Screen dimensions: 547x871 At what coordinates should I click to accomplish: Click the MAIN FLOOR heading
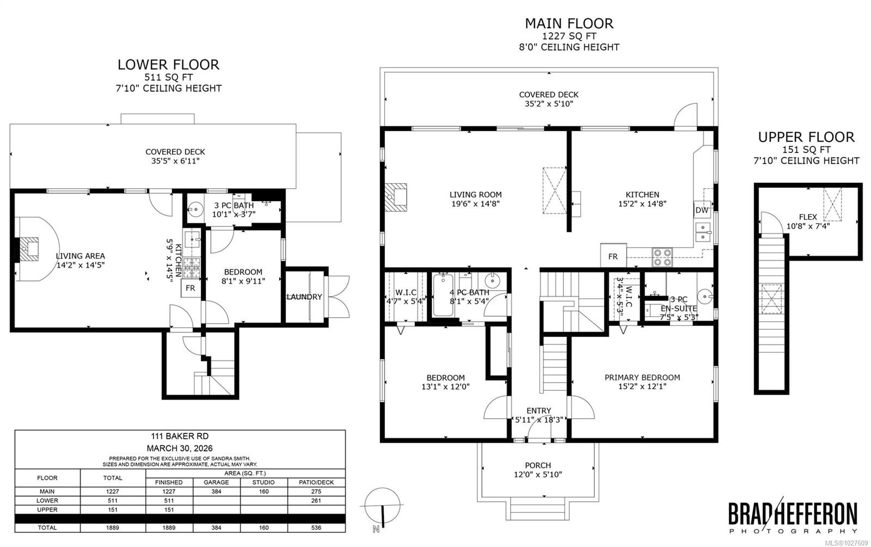coord(569,23)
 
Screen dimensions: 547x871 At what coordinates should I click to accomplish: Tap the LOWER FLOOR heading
coord(168,65)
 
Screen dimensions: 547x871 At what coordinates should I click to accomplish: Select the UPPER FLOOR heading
coord(806,137)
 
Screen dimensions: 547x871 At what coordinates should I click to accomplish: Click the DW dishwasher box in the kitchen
coord(701,210)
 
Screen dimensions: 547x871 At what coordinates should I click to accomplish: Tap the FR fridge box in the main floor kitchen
coord(613,256)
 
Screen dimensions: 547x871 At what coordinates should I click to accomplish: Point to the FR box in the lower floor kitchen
coord(191,288)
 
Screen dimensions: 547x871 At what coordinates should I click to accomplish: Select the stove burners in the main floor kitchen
coord(662,257)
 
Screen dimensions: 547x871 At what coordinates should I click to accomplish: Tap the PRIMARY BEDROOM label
coord(642,377)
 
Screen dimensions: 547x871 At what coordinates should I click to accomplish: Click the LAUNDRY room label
coord(304,297)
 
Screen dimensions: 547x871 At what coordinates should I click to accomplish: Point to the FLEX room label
coord(808,217)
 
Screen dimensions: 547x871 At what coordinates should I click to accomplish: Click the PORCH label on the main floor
coord(538,465)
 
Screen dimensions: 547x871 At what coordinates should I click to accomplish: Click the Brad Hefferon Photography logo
coord(793,517)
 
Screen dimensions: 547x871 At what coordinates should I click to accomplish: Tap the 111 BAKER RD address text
coord(180,436)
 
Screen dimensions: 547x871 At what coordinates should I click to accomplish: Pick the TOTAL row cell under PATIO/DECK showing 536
coord(316,527)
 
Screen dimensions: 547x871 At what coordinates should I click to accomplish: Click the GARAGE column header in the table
coord(216,482)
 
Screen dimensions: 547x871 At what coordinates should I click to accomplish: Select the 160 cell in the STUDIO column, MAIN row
coord(263,491)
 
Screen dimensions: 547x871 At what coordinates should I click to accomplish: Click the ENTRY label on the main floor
coord(538,410)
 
